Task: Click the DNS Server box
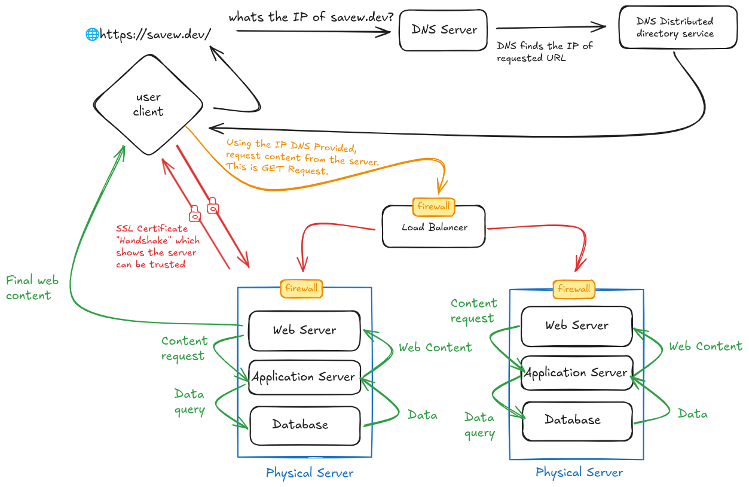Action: pos(444,29)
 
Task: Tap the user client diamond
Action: pos(148,105)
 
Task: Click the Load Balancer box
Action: pos(434,227)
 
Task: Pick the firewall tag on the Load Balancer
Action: pos(433,206)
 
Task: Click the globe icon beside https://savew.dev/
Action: pos(92,34)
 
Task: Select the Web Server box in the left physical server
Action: pos(304,330)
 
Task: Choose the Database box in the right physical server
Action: pos(577,420)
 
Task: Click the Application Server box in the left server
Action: pos(304,377)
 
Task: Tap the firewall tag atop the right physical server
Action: pos(574,289)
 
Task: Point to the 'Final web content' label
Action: pos(32,288)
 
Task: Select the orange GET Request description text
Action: pos(302,157)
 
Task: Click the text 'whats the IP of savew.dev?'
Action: pos(311,17)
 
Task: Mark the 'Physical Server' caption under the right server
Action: pos(579,473)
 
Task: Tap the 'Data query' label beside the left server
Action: pos(189,402)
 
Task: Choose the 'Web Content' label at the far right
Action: pos(705,346)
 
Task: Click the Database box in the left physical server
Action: pos(304,425)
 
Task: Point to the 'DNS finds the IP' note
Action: pos(545,52)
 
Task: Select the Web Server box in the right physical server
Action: pos(576,325)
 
